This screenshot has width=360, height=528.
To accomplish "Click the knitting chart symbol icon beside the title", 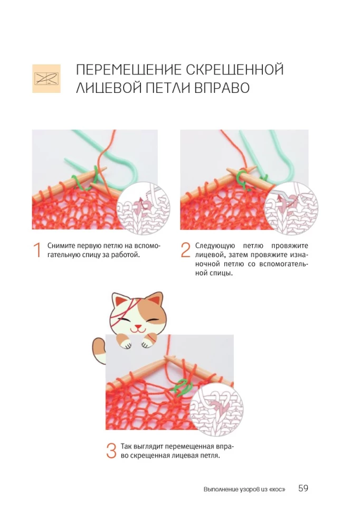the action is [46, 79].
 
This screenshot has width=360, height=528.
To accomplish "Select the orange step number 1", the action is [37, 250].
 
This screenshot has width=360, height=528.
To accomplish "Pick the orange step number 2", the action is [186, 250].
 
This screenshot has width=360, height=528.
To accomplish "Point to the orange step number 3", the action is [111, 450].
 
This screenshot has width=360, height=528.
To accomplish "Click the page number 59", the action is [303, 488].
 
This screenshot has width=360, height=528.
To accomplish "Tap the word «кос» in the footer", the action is [277, 489].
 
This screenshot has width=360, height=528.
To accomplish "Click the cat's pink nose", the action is [138, 326].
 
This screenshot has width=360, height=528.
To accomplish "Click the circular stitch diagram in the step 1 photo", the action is [143, 208].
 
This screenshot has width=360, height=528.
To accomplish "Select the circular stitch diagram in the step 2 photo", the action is [291, 208].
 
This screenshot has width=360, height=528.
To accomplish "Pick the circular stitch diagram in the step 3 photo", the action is [216, 408].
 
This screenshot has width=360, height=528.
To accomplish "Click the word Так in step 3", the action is [126, 447].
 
